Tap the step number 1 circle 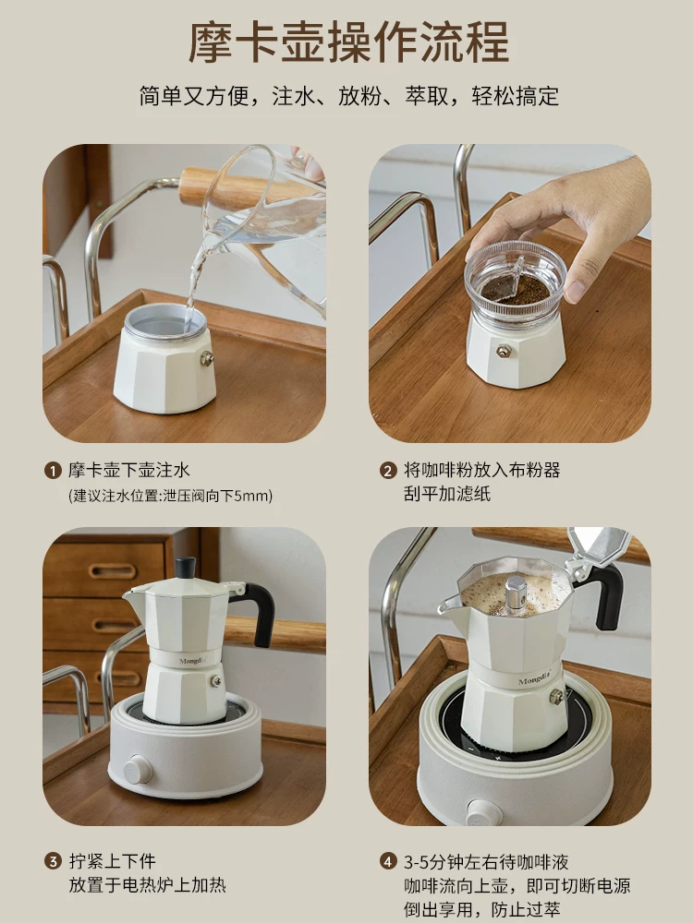[x=52, y=471]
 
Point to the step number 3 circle [x=52, y=861]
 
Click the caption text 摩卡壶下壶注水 [x=129, y=471]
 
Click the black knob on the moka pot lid [x=186, y=567]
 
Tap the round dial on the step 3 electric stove [x=139, y=768]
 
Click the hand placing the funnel [x=573, y=222]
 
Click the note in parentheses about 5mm [x=171, y=496]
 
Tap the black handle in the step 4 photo [x=609, y=596]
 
